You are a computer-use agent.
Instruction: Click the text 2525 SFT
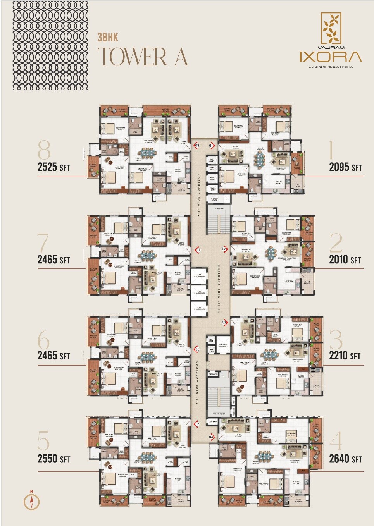pos(54,167)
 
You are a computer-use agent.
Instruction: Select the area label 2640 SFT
pos(345,459)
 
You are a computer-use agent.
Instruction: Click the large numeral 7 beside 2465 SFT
pos(43,243)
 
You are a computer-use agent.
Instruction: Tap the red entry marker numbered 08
pos(197,146)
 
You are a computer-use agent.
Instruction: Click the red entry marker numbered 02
pos(224,249)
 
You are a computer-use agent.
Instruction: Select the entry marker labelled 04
pos(212,437)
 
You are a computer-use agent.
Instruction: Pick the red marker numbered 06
pos(197,349)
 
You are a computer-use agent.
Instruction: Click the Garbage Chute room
pos(214,199)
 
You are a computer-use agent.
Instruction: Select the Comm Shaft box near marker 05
pos(213,422)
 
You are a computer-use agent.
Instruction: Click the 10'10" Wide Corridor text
pos(219,289)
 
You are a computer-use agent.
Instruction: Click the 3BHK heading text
pos(108,38)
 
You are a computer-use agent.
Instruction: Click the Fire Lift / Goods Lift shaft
pos(223,346)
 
